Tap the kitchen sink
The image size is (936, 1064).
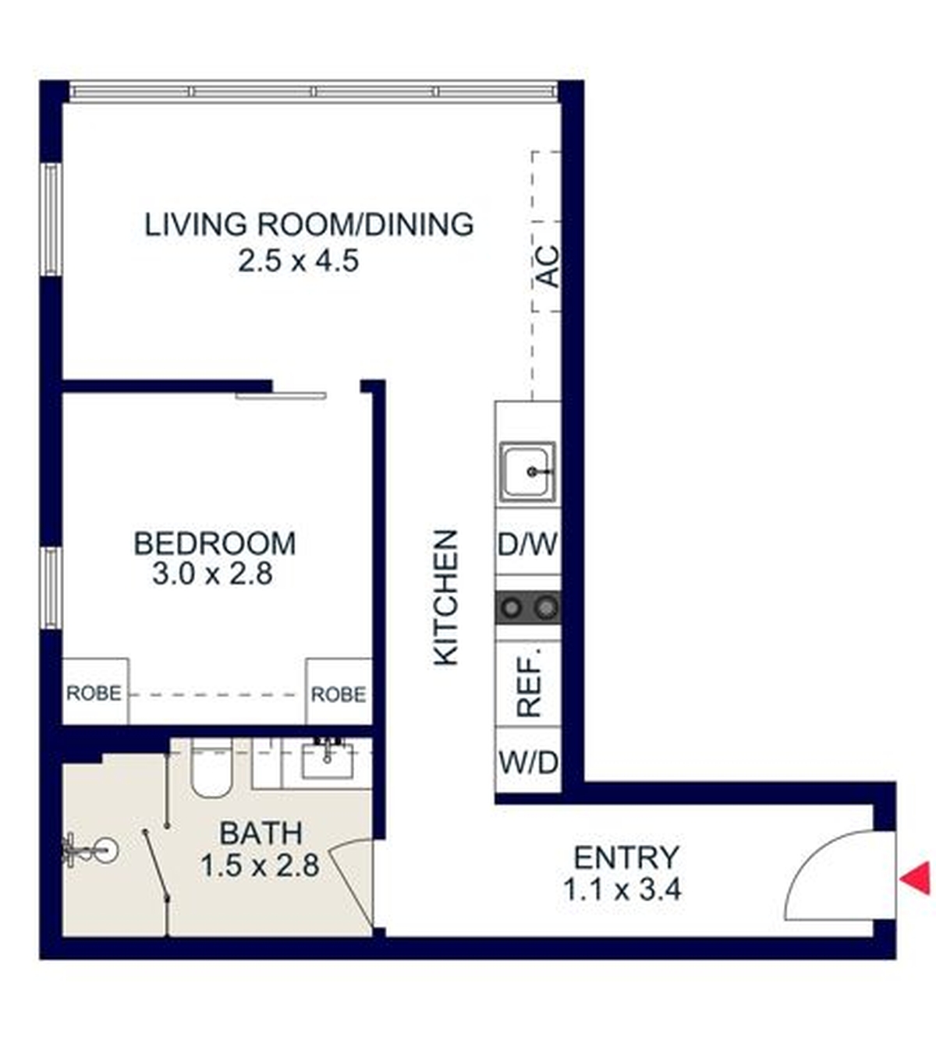[527, 471]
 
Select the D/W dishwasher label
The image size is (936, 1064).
[527, 544]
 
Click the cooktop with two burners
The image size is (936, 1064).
[528, 608]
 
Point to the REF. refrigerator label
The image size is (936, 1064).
[529, 684]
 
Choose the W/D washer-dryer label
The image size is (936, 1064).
[528, 762]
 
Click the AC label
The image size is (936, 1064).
[548, 267]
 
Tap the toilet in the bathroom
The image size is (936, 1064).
[211, 767]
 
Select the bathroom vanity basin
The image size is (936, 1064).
[327, 759]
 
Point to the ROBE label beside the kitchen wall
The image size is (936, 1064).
[339, 695]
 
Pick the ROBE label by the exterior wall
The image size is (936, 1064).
[94, 693]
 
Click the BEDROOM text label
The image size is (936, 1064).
[215, 543]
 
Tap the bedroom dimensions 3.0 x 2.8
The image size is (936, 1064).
[212, 574]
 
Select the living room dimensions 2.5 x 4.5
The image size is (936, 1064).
[299, 261]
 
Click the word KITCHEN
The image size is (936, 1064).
[445, 598]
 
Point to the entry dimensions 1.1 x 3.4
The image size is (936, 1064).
[622, 889]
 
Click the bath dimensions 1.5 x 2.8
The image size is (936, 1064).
[261, 866]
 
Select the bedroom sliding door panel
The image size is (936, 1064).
[281, 396]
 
